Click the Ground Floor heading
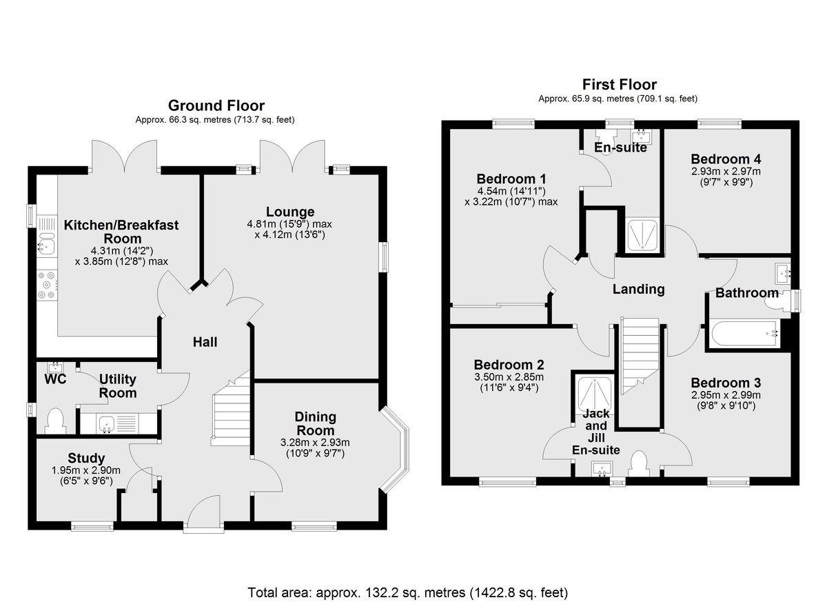[216, 106]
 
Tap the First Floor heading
[620, 85]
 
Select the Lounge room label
[290, 212]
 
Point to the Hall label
[205, 342]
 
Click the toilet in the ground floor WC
[56, 421]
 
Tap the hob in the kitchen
[47, 285]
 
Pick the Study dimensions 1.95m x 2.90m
[85, 470]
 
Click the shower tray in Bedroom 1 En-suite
[643, 235]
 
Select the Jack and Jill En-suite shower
[594, 394]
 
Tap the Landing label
[638, 289]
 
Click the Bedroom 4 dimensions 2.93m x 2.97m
[726, 172]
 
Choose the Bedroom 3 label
[726, 383]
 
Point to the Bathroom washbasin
[783, 274]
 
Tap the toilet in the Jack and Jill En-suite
[639, 464]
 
